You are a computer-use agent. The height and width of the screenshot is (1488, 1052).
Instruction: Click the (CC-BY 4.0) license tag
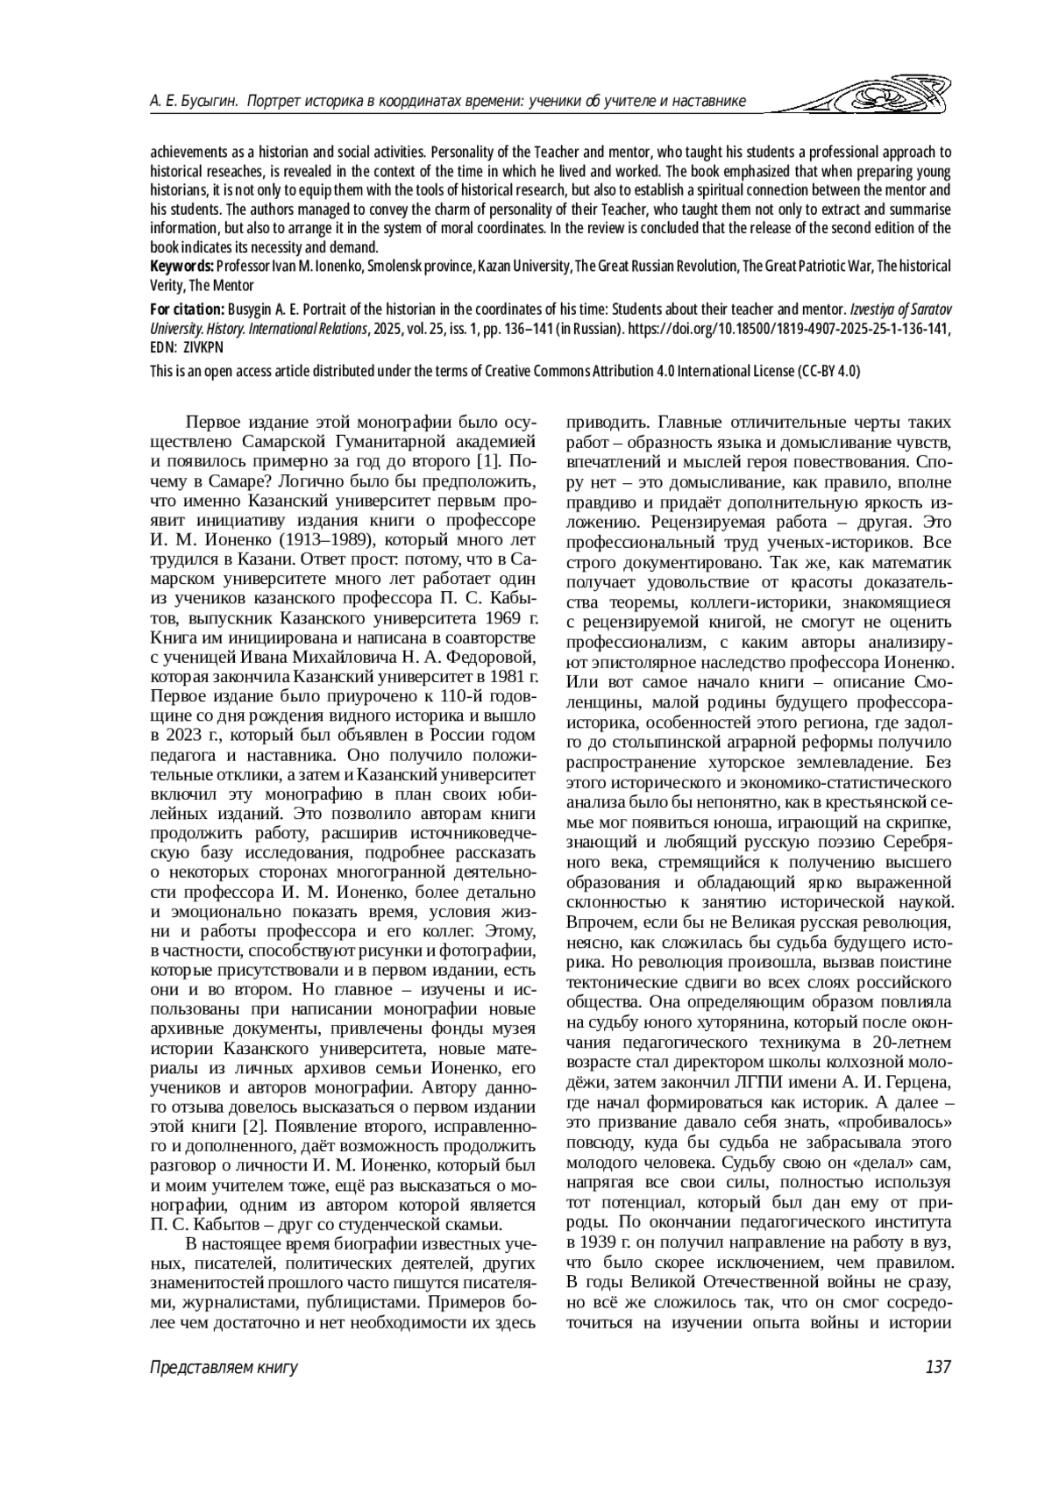[x=828, y=371]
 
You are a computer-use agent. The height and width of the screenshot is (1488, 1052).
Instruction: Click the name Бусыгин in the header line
[x=207, y=102]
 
